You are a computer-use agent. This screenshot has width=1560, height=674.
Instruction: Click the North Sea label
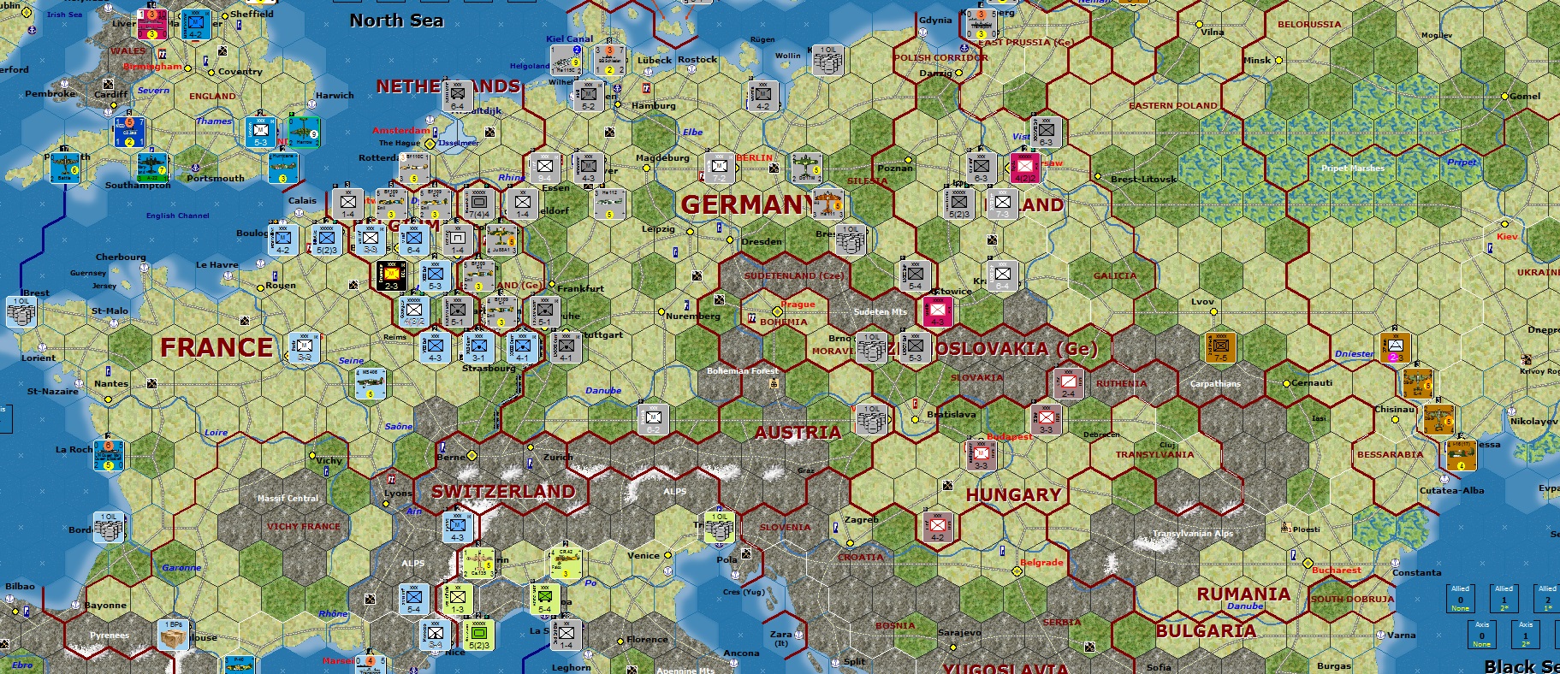pos(396,21)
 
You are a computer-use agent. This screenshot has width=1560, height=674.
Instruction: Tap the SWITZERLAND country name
pos(503,492)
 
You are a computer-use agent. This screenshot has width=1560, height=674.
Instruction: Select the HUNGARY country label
pos(1013,495)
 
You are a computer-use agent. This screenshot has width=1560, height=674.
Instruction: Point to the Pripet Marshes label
pos(1352,168)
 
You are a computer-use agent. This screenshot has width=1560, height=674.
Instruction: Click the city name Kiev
pos(1507,237)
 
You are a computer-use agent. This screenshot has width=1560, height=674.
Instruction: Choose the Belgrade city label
pos(1041,563)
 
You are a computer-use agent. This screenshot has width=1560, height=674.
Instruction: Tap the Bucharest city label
pos(1336,571)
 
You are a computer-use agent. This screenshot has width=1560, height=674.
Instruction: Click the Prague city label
pos(798,304)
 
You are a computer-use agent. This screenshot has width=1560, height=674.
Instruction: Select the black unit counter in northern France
pos(392,275)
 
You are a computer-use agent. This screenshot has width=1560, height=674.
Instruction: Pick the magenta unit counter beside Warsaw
pos(1025,168)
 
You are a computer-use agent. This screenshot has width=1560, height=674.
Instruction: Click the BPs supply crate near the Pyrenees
pos(174,635)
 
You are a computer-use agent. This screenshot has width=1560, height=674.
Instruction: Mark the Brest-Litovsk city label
pos(1143,180)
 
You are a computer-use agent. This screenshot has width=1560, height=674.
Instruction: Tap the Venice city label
pos(644,555)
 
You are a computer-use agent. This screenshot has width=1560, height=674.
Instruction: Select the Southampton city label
pos(138,185)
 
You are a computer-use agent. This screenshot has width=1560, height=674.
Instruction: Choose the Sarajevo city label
pos(959,633)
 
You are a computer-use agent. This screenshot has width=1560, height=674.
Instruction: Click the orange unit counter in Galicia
pos(1220,346)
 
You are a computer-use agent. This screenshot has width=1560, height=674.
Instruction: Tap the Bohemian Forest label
pos(743,371)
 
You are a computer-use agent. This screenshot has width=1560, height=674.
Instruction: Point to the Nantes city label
pos(111,383)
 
